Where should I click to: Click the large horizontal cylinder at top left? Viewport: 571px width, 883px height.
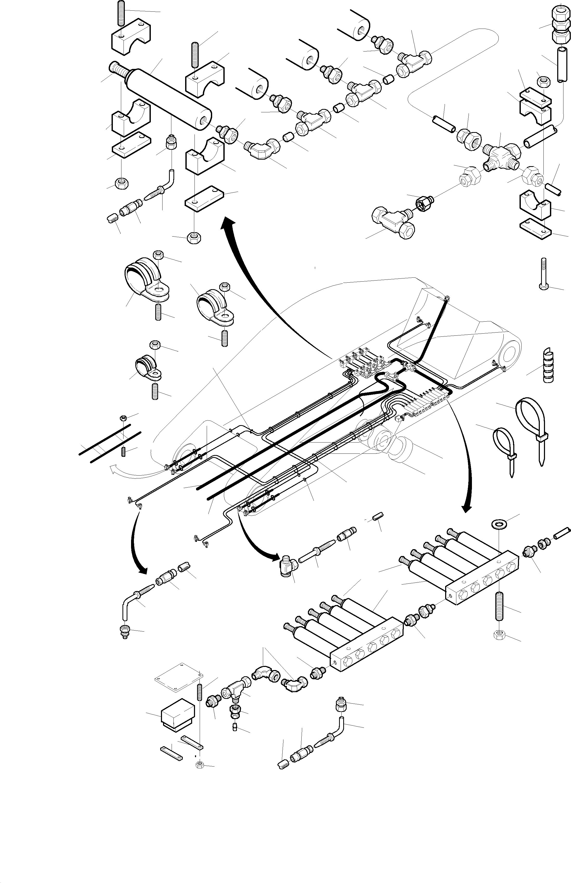point(169,99)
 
